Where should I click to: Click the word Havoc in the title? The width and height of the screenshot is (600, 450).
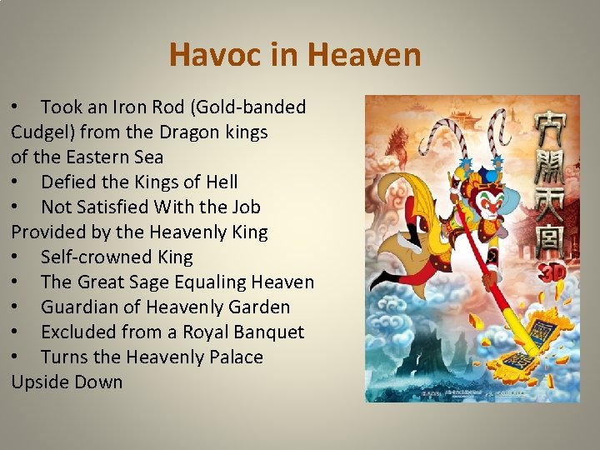pos(208,56)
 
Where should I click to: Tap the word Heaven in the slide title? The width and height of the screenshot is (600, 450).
pos(364,56)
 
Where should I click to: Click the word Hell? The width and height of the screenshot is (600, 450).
pos(219,182)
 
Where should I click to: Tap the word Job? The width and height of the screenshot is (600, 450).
pos(243,207)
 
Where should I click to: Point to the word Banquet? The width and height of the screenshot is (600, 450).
pos(266,332)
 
